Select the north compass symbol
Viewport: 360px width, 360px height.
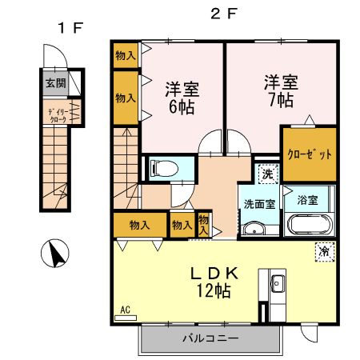click(54, 255)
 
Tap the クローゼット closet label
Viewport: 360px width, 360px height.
click(308, 154)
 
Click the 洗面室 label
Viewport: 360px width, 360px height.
click(259, 203)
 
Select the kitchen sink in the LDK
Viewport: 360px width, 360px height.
click(277, 285)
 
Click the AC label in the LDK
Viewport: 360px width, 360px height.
click(126, 308)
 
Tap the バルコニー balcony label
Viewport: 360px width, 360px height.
click(209, 338)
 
